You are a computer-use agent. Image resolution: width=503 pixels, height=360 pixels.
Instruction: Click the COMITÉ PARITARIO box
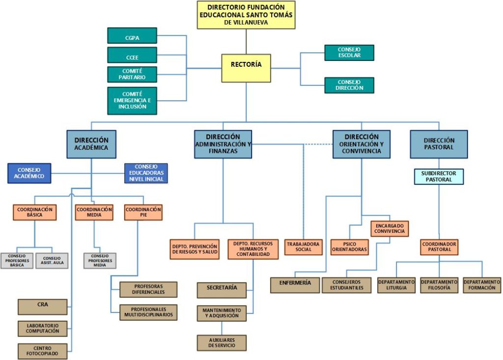point(132,74)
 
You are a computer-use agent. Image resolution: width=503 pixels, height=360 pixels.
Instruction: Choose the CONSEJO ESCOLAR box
point(349,53)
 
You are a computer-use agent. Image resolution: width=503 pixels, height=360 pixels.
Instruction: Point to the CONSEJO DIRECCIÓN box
point(349,85)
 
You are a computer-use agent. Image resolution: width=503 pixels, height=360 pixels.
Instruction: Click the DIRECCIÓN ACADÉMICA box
point(91,144)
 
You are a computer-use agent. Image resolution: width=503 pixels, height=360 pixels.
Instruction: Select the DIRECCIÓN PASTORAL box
point(439,144)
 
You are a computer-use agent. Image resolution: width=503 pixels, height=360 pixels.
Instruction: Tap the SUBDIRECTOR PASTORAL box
point(439,177)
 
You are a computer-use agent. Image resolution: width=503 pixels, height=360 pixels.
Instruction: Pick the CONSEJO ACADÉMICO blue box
point(29,173)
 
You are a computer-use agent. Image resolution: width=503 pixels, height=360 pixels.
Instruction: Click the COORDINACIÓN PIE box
point(143,212)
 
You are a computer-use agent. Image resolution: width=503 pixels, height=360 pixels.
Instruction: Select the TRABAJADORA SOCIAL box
point(303,247)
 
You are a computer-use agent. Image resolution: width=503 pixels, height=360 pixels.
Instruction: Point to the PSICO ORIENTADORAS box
point(349,247)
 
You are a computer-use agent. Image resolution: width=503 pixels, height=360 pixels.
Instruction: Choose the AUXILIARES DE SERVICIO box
point(222,343)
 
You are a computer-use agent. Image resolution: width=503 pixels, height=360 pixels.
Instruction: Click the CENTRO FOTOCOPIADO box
point(42,351)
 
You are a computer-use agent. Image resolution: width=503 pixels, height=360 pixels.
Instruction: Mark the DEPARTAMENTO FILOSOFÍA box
point(439,285)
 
